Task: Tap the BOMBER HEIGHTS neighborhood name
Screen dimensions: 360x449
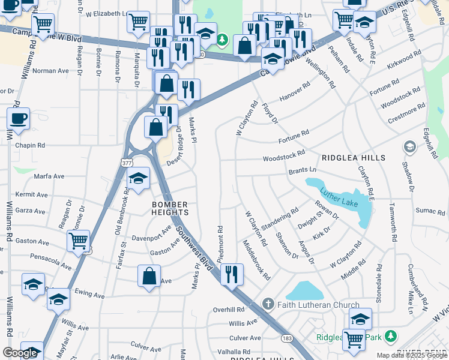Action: [x=170, y=208]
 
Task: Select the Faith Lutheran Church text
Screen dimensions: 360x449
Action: [x=318, y=305]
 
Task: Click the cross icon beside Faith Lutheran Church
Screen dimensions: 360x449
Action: [x=268, y=305]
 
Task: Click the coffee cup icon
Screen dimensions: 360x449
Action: [x=18, y=118]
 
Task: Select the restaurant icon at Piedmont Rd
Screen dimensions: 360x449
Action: [x=232, y=274]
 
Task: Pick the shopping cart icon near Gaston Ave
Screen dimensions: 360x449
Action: [x=79, y=241]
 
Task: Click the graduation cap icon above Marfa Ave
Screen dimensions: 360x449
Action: [x=139, y=178]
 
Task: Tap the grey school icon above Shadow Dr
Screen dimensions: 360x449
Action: [x=409, y=146]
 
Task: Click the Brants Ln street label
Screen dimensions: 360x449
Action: [x=302, y=171]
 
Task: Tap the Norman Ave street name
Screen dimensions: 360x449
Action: [x=50, y=71]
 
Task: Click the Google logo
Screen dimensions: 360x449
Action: [x=20, y=353]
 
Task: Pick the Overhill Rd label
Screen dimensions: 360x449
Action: [x=229, y=310]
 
